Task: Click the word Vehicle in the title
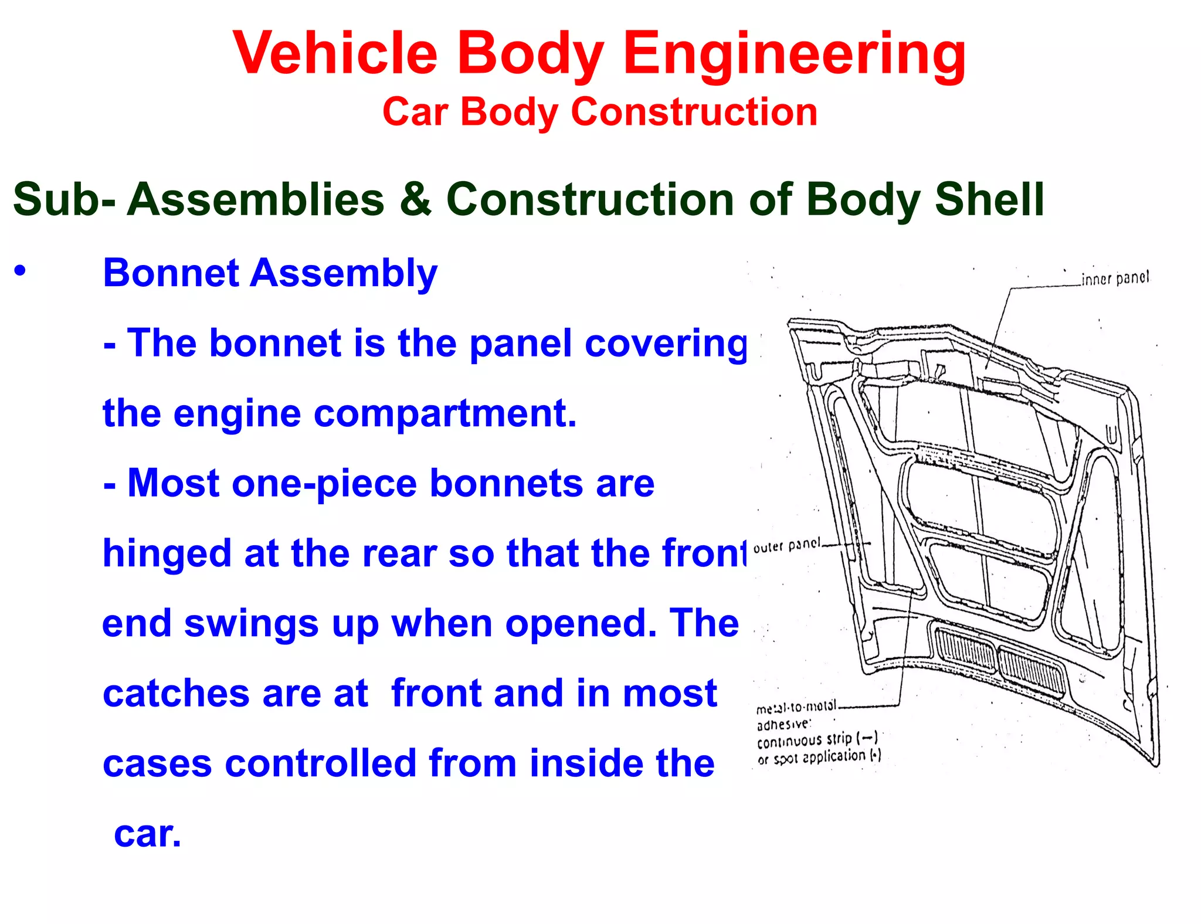pyautogui.click(x=335, y=53)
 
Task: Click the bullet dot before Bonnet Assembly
pyautogui.click(x=21, y=271)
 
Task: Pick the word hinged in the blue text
pyautogui.click(x=167, y=554)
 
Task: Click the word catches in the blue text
pyautogui.click(x=176, y=694)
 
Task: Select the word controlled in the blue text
pyautogui.click(x=320, y=763)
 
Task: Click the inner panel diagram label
pyautogui.click(x=1115, y=278)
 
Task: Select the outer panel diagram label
pyautogui.click(x=787, y=546)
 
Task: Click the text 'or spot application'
pyautogui.click(x=818, y=757)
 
